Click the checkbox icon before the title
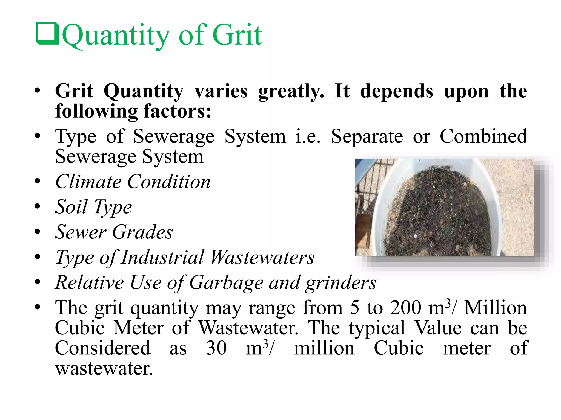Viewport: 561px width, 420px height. click(47, 34)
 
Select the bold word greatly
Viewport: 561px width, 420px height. click(291, 92)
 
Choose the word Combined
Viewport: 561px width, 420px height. click(483, 136)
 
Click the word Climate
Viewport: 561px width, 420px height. click(88, 182)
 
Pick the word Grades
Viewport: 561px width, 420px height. click(142, 232)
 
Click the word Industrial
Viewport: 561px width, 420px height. click(162, 257)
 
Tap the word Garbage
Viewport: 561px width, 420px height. click(226, 282)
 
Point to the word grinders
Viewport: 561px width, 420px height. click(341, 283)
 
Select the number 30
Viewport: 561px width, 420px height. click(216, 348)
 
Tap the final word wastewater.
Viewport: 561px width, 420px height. click(104, 368)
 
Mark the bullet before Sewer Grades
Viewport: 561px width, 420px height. click(38, 232)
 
